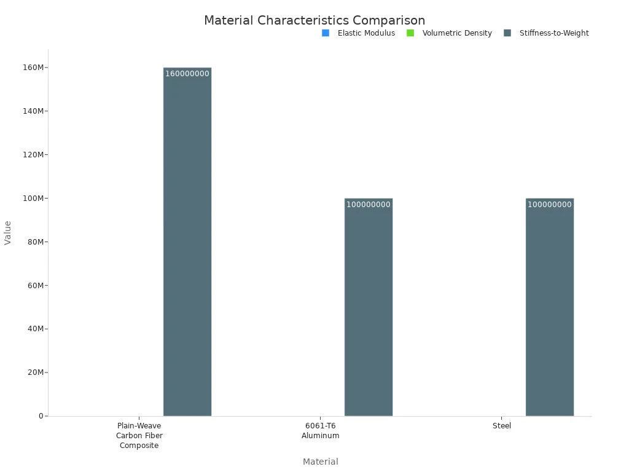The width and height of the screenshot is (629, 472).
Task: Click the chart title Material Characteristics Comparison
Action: point(314,20)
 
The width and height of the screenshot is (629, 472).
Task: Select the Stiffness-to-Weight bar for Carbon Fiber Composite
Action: point(187,246)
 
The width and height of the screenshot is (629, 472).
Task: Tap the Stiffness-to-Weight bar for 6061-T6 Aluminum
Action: point(368,307)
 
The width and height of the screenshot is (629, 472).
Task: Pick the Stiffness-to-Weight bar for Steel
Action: point(549,307)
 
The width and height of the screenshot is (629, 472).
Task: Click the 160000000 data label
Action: point(187,74)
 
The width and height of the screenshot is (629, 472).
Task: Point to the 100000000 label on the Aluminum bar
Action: point(368,205)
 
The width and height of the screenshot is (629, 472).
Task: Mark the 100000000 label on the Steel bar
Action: point(549,205)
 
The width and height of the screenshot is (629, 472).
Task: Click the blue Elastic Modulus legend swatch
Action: point(325,33)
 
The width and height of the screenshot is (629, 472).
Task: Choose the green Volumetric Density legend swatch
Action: point(410,33)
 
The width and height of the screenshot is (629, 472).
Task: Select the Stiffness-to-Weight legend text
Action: point(553,33)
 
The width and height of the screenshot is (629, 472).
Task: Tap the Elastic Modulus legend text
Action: point(366,33)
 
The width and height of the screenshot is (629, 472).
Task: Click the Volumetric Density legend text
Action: point(457,33)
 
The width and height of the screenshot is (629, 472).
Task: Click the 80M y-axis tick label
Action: point(36,242)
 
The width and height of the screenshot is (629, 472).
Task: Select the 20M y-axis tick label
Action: point(36,372)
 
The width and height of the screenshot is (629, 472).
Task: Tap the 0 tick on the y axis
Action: point(41,416)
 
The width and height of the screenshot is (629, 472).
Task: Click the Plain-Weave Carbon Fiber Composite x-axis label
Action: point(139,436)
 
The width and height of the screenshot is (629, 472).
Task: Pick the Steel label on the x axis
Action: point(501,426)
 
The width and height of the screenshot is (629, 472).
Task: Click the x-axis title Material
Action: point(320,462)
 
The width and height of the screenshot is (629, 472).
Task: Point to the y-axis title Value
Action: point(8,232)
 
